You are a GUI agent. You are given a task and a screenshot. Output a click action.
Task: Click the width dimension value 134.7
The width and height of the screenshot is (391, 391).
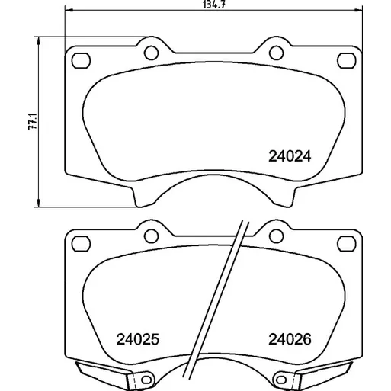tap(214, 5)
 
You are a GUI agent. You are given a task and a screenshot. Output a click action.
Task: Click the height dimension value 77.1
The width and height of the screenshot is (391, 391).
tap(33, 122)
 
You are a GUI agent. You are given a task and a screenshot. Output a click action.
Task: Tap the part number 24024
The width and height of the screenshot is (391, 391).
tap(290, 156)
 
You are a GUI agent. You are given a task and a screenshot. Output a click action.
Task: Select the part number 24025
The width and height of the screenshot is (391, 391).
tap(138, 339)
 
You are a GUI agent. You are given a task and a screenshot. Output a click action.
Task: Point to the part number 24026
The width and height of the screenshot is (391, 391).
tap(290, 339)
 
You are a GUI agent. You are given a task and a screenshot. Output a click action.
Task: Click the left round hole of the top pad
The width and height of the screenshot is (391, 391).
tap(151, 53)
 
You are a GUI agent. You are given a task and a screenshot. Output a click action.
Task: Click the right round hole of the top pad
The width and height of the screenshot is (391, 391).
tap(276, 53)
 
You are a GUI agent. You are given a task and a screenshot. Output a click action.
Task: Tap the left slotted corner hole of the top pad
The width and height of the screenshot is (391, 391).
tap(81, 61)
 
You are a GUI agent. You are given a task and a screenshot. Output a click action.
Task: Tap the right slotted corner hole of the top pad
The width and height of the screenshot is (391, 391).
tap(346, 61)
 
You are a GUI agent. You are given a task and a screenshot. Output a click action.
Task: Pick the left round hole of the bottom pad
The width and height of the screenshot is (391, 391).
tap(151, 236)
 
